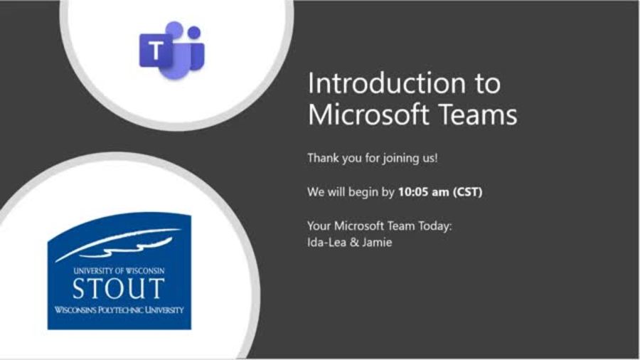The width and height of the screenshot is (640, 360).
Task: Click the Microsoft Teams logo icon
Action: pos(171,50)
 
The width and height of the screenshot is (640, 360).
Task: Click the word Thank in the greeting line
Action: pos(322,157)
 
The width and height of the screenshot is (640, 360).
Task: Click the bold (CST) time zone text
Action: pos(468,192)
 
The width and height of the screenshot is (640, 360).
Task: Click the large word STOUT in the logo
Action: pos(118,289)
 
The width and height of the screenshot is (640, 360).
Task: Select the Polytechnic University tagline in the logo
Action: pos(119,310)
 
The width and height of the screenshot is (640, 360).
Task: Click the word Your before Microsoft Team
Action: pos(319,226)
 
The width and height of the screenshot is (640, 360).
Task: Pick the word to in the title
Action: pos(487,83)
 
